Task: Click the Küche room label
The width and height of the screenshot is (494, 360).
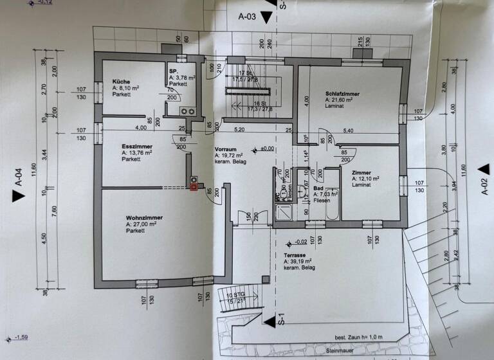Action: [x=122, y=82]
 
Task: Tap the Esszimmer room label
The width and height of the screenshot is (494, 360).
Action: [x=136, y=147]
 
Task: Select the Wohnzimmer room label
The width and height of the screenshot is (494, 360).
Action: [x=144, y=218]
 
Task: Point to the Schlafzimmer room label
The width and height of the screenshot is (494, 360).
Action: [x=342, y=94]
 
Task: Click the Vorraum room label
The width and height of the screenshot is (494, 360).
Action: [x=226, y=148]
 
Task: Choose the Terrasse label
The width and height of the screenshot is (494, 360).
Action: [x=296, y=255]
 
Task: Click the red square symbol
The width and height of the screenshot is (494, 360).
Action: [x=194, y=187]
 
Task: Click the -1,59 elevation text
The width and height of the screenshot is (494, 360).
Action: [x=19, y=337]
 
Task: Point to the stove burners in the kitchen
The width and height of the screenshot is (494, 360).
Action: [x=188, y=111]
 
